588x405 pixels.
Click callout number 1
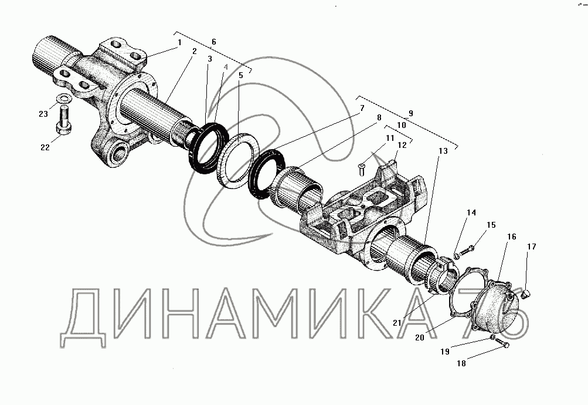[180, 42]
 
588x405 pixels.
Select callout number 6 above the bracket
[213, 42]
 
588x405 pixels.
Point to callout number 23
[43, 114]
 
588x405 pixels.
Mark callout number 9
[410, 112]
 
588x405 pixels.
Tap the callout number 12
[402, 145]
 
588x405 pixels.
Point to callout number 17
[531, 247]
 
